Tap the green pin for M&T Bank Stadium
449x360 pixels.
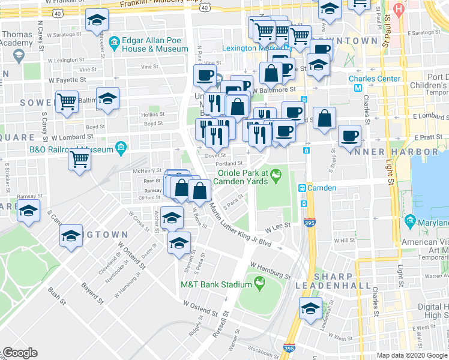tap(260, 282)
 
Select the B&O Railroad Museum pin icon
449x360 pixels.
tap(121, 148)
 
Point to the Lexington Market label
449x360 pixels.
tap(252, 48)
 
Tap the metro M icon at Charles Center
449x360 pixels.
tap(358, 88)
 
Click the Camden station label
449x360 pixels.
tap(322, 188)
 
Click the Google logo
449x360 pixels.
tap(20, 353)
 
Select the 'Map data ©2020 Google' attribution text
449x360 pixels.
tap(412, 355)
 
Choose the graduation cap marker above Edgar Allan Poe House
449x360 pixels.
tap(96, 20)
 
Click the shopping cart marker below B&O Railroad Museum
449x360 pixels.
tap(79, 160)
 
